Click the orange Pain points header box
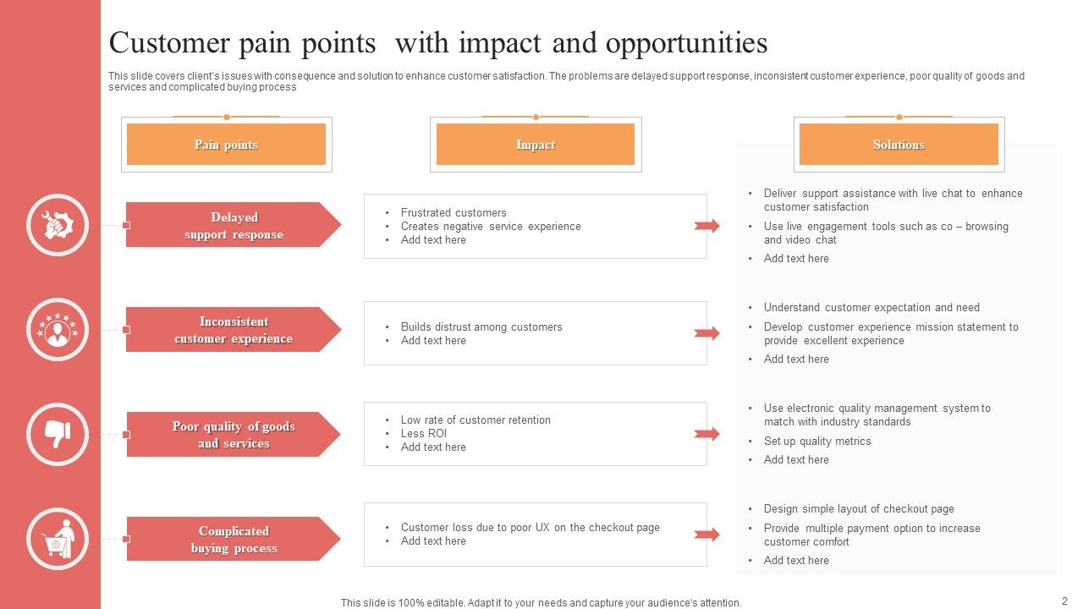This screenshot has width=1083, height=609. tap(226, 145)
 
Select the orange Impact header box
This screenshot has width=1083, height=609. tap(535, 145)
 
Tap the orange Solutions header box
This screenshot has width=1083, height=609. tap(899, 145)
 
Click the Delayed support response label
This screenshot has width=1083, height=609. tap(234, 225)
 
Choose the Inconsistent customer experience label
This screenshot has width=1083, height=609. tap(234, 330)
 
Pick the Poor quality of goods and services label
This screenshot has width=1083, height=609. tap(234, 435)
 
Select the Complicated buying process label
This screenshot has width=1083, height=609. tap(234, 540)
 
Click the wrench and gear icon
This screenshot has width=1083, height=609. tap(58, 225)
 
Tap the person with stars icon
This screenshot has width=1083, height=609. tap(58, 330)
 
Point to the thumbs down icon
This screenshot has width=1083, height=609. tap(58, 434)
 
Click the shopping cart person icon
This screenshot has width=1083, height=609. tap(58, 539)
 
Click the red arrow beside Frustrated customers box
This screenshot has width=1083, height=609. tap(706, 226)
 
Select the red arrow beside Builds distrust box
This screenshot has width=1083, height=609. tap(706, 333)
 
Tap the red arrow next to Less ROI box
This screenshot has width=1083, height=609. tap(706, 434)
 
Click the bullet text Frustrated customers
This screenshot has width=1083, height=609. tap(454, 212)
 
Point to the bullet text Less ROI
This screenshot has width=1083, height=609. tap(423, 433)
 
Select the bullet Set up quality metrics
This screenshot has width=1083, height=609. tap(816, 441)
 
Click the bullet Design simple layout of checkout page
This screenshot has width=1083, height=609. tap(858, 508)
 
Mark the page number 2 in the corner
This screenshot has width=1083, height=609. tap(1064, 601)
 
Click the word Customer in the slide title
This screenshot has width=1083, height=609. tap(169, 42)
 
